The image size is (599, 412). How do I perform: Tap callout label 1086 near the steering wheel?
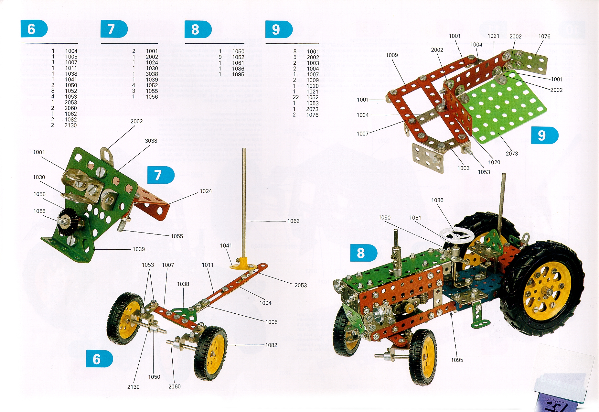[437, 201]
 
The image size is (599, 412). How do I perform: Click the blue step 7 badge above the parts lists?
[114, 29]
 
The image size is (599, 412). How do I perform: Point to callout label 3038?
[151, 141]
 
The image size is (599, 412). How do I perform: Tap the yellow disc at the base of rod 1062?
[243, 266]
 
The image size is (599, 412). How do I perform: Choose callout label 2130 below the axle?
[133, 387]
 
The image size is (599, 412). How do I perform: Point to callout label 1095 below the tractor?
[457, 360]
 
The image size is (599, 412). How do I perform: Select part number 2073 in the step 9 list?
[312, 109]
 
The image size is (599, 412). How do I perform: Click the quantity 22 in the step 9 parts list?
[295, 97]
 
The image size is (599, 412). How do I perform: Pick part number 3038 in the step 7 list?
[152, 74]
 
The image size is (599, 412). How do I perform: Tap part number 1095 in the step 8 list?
[238, 74]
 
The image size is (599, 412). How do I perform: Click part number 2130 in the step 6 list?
[70, 125]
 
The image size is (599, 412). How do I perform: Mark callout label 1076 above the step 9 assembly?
[544, 37]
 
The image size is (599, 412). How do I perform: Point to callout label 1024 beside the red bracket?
[206, 191]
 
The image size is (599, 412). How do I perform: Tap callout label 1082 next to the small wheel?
[271, 345]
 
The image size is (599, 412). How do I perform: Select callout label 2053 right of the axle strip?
[301, 285]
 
